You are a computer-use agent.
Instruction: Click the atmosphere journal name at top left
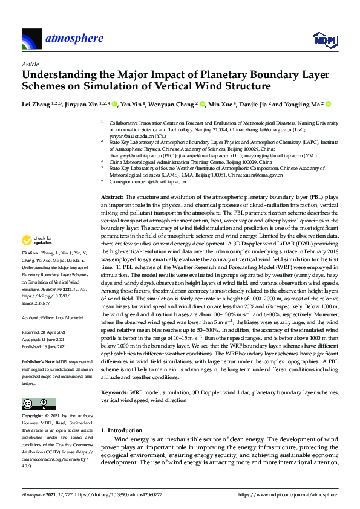point(74,39)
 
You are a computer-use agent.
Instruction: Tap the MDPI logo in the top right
point(324,40)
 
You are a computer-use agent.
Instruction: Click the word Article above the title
point(30,63)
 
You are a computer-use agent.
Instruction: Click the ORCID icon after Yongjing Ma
point(328,104)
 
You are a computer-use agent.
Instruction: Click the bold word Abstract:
point(111,197)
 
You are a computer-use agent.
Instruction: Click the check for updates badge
point(38,240)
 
